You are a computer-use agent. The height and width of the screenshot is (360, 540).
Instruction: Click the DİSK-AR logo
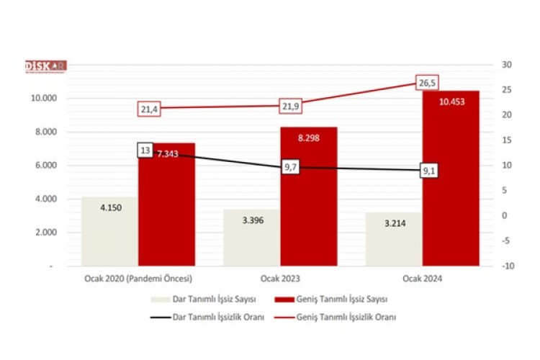coord(45,66)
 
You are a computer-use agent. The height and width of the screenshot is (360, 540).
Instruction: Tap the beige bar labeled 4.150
coord(109,230)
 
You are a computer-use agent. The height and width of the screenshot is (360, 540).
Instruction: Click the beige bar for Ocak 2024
coord(394,239)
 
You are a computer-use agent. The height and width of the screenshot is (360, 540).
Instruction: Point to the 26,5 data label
coord(427,83)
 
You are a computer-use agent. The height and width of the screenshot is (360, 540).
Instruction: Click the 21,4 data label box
coord(149,109)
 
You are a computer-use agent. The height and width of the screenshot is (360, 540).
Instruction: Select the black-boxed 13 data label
coord(145,150)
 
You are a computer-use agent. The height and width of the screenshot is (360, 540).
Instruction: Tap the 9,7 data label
coord(291,167)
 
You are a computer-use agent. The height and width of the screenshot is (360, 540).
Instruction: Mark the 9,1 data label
coord(431,171)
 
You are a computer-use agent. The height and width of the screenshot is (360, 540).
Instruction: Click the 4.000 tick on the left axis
coord(61,199)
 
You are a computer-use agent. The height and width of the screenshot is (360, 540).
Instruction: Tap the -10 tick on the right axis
coord(508,266)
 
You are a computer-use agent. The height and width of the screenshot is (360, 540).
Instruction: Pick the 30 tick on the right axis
coord(507,65)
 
